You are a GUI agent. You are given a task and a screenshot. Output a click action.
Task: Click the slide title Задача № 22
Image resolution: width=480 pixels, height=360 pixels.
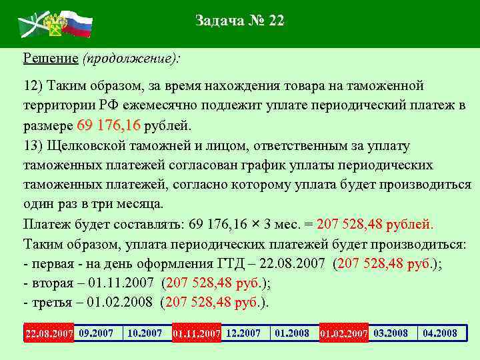[240, 21]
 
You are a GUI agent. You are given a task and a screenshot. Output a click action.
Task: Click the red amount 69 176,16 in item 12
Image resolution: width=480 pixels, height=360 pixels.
[109, 125]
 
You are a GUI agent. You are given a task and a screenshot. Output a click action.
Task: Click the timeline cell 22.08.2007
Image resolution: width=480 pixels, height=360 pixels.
[49, 333]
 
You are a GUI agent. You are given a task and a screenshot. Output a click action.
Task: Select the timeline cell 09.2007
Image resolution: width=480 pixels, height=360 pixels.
[96, 333]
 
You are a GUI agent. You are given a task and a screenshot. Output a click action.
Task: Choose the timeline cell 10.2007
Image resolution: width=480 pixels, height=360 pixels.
[145, 333]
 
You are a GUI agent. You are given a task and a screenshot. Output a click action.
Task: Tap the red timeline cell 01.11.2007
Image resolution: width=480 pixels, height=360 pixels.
[196, 333]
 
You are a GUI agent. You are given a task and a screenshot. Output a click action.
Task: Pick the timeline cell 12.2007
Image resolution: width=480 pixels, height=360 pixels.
[243, 333]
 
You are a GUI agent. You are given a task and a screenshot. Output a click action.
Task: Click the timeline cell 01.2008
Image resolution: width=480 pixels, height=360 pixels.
[292, 333]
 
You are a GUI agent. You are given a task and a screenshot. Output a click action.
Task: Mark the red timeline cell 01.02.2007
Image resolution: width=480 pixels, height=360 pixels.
[343, 333]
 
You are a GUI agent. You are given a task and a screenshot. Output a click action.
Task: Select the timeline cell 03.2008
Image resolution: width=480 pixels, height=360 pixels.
[391, 333]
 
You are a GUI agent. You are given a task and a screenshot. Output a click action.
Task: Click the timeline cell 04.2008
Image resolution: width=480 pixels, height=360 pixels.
[440, 333]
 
